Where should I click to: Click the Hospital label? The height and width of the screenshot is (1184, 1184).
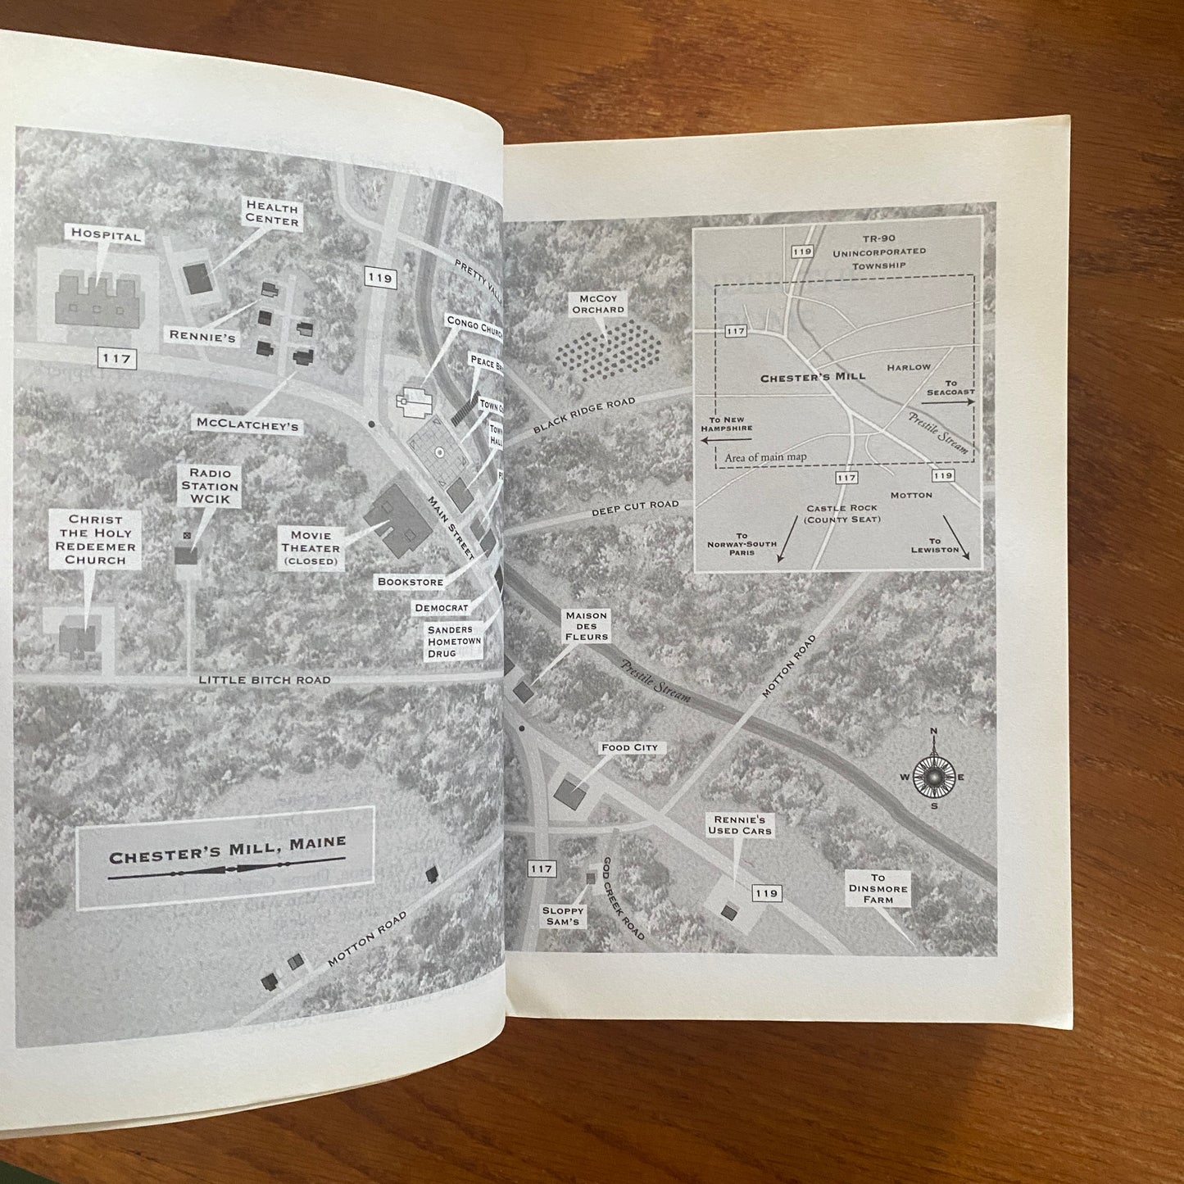pos(106,235)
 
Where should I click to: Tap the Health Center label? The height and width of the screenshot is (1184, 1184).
pos(271,215)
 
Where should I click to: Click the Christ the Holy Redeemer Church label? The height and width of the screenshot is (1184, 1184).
pos(96,540)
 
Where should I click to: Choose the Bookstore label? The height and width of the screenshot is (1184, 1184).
pos(410,582)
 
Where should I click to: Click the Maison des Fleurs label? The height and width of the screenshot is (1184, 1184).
pos(586,625)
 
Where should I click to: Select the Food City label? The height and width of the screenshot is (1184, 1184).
pos(629,747)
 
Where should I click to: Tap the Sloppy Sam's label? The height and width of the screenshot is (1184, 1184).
pos(562,916)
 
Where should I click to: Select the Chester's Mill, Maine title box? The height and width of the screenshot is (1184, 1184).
pos(225,856)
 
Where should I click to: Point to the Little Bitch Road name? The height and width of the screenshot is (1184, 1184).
pos(265,680)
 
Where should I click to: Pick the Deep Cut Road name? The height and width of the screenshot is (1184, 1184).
pos(636,510)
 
